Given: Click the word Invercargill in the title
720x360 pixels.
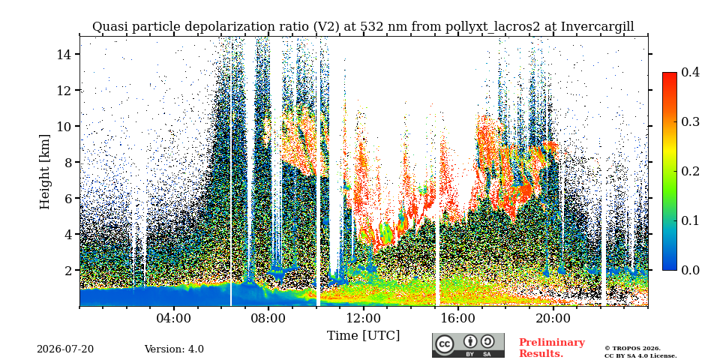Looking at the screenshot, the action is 598,27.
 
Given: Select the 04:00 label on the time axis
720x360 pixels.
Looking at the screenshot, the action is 174,318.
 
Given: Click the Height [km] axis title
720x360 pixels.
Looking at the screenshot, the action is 44,172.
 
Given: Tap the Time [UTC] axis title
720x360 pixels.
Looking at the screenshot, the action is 363,336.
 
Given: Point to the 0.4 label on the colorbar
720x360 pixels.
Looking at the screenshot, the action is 690,72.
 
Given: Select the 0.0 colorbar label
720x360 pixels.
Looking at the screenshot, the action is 690,270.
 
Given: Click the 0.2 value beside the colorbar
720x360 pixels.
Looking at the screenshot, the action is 690,171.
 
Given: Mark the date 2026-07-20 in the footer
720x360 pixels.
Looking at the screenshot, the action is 65,349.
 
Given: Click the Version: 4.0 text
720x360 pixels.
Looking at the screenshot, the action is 174,349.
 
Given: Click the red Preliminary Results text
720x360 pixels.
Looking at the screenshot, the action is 552,348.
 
